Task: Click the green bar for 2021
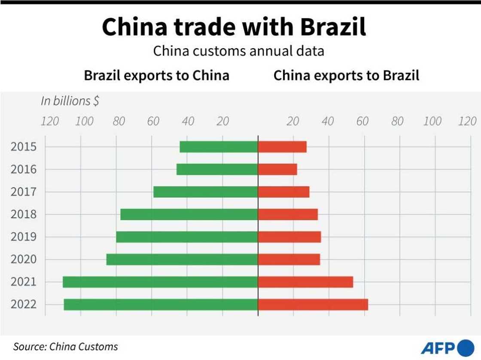pos(160,282)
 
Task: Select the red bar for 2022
pos(313,304)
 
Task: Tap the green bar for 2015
pos(219,146)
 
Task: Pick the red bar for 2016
pos(277,169)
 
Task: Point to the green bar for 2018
pos(189,214)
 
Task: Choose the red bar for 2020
pos(289,259)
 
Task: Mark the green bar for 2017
pos(205,192)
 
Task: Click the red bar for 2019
pos(289,237)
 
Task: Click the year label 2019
pos(23,237)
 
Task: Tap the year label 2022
pos(23,304)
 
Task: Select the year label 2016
pos(23,169)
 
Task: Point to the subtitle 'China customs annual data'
pos(238,52)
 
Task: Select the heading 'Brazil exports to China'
pos(156,76)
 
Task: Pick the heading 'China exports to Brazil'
pos(346,76)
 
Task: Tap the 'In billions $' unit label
pos(70,101)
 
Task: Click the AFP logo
pos(447,347)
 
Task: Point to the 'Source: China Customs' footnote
pos(65,346)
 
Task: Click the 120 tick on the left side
pos(50,121)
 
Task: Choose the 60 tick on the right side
pos(362,121)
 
